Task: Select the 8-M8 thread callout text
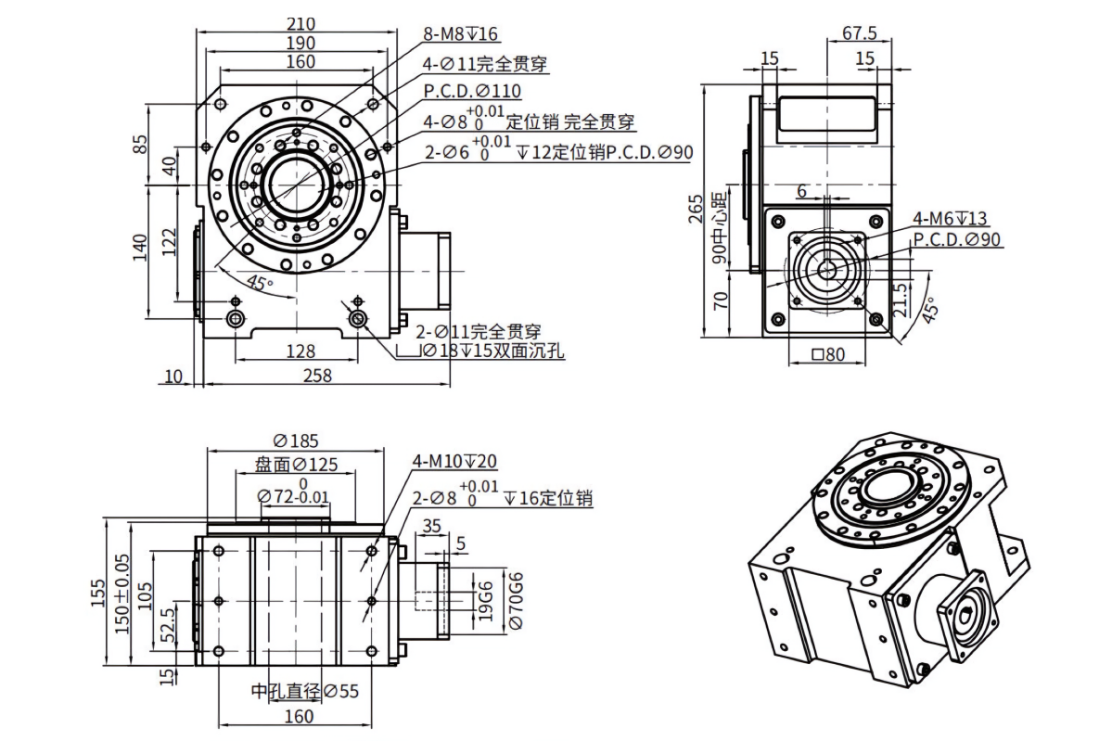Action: tap(460, 33)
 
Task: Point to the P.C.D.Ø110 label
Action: tap(472, 91)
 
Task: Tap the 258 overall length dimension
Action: tap(317, 375)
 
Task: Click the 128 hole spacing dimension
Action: tap(300, 351)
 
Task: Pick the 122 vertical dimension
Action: tap(167, 243)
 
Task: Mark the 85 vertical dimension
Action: tap(141, 144)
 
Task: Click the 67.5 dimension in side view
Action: tap(860, 32)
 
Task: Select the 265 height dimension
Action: tap(695, 209)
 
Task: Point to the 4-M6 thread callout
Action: tap(950, 218)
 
